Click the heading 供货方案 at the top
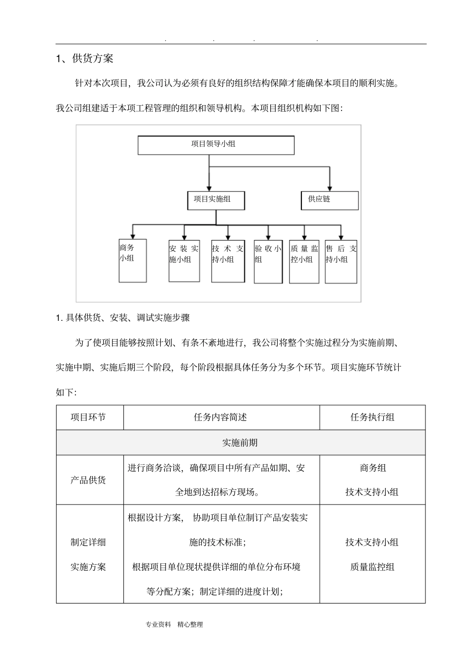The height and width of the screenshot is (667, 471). click(x=93, y=59)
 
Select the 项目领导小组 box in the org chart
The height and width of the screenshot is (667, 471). click(x=216, y=145)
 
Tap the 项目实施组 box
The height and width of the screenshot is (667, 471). click(x=216, y=200)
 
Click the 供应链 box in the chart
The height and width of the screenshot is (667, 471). click(x=330, y=200)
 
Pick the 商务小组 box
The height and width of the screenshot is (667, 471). click(x=132, y=260)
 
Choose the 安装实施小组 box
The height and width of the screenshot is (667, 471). click(x=184, y=260)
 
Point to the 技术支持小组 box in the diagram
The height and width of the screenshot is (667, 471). click(x=228, y=260)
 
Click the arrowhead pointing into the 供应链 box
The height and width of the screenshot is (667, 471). click(x=330, y=188)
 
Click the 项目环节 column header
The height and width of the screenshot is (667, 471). click(x=89, y=417)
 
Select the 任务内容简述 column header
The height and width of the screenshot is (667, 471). click(x=221, y=417)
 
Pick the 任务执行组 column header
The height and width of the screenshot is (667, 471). click(x=372, y=417)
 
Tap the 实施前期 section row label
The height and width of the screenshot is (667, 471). click(x=240, y=442)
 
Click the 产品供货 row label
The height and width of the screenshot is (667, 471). click(x=89, y=480)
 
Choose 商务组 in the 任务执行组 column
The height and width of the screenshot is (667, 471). click(x=372, y=468)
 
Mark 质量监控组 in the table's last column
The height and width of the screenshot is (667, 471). click(x=372, y=567)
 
